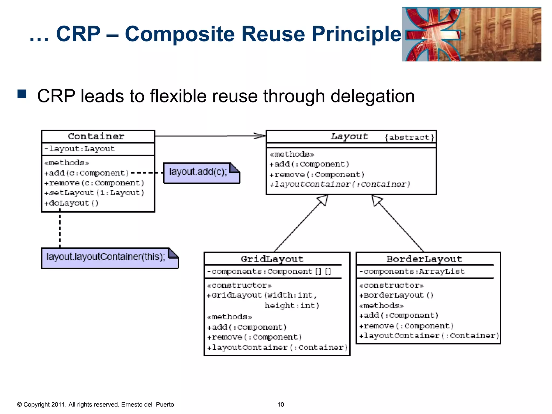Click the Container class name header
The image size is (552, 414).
click(96, 136)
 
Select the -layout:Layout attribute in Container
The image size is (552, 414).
click(80, 149)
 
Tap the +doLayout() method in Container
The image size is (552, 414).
click(71, 203)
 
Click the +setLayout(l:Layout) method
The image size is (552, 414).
click(94, 193)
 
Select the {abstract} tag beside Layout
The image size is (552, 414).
click(409, 137)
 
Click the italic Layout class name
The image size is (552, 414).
click(349, 136)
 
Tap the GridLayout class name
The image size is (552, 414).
click(272, 259)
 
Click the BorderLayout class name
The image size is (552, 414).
click(424, 259)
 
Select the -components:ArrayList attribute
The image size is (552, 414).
click(412, 272)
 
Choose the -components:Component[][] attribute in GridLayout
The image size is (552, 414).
click(269, 272)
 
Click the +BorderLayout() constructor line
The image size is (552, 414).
click(396, 295)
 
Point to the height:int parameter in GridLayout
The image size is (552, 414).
click(292, 306)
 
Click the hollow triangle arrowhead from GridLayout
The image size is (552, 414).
click(323, 200)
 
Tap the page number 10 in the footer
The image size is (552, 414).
click(281, 405)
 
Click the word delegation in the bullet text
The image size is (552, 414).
click(372, 96)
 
